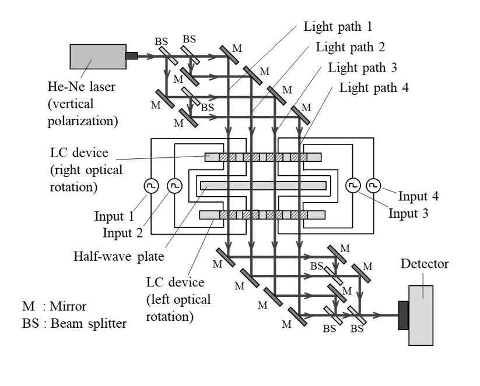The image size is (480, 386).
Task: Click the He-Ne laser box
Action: pos(98,56)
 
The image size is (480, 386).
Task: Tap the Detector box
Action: pos(421,316)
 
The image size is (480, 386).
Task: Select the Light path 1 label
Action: pos(338,27)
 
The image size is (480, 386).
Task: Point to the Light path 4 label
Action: pos(374,88)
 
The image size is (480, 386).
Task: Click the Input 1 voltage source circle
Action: pos(151,186)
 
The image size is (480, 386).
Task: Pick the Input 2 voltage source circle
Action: pos(174,186)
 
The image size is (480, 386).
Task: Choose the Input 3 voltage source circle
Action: pos(353,186)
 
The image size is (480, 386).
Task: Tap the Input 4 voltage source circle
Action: pos(373,186)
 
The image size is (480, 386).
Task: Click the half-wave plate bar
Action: pos(263,186)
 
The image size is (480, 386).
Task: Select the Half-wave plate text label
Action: pos(119,256)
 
